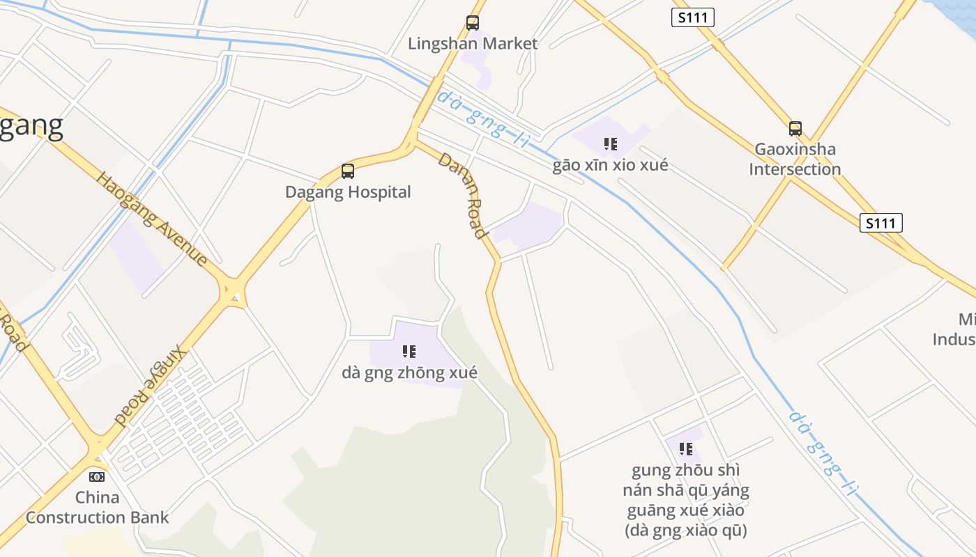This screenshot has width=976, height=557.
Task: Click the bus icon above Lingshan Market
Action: [x=473, y=23]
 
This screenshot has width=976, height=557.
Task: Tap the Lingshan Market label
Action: [x=473, y=44]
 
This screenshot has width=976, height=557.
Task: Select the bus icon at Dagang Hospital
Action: [x=348, y=171]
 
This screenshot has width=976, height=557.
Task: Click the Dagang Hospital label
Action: [x=348, y=192]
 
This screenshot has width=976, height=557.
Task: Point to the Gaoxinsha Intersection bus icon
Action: [x=795, y=129]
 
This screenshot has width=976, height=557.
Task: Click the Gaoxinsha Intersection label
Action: [x=795, y=159]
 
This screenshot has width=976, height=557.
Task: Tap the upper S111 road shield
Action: [x=693, y=17]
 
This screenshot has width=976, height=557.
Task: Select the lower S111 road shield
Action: [x=881, y=223]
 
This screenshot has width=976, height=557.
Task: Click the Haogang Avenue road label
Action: [x=152, y=219]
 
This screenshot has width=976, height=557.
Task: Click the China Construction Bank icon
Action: [x=97, y=477]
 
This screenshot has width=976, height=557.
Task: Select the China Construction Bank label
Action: [x=98, y=508]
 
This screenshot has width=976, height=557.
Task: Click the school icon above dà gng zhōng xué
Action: [x=409, y=352]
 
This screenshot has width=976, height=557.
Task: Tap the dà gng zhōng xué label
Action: [x=409, y=373]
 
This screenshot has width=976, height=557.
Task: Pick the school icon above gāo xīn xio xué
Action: [x=611, y=144]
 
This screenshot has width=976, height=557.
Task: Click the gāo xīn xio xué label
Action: [x=610, y=165]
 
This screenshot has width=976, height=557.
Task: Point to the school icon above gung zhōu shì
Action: [x=686, y=449]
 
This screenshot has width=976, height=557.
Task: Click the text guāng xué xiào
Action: [x=686, y=510]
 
